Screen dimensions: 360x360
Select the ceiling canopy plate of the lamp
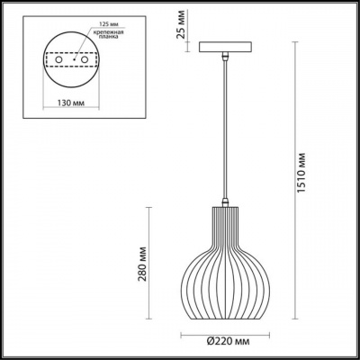click(220, 48)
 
